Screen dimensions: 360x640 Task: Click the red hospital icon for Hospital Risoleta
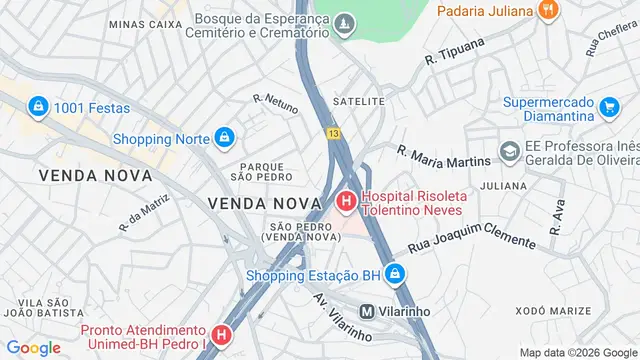(x=346, y=203)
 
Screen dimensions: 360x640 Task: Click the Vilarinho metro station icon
(x=367, y=311)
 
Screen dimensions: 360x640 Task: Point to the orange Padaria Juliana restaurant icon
(x=547, y=11)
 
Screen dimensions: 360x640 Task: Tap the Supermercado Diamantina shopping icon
(x=609, y=103)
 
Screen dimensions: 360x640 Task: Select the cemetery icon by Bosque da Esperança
(x=345, y=22)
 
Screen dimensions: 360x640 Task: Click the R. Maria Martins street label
(x=443, y=158)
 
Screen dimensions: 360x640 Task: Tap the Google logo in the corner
(x=33, y=347)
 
